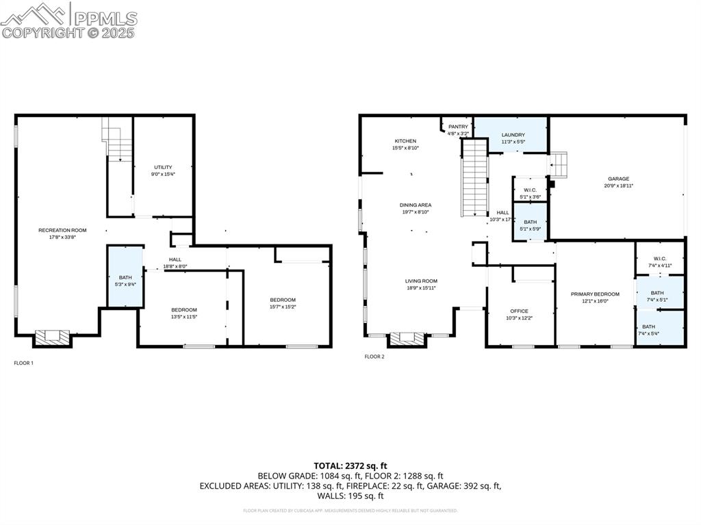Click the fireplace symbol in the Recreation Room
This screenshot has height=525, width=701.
[x=52, y=337]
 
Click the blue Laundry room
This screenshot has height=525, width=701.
[x=513, y=135]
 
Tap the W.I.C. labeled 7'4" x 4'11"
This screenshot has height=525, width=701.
[x=659, y=261]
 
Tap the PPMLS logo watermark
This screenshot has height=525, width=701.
[x=68, y=21]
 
